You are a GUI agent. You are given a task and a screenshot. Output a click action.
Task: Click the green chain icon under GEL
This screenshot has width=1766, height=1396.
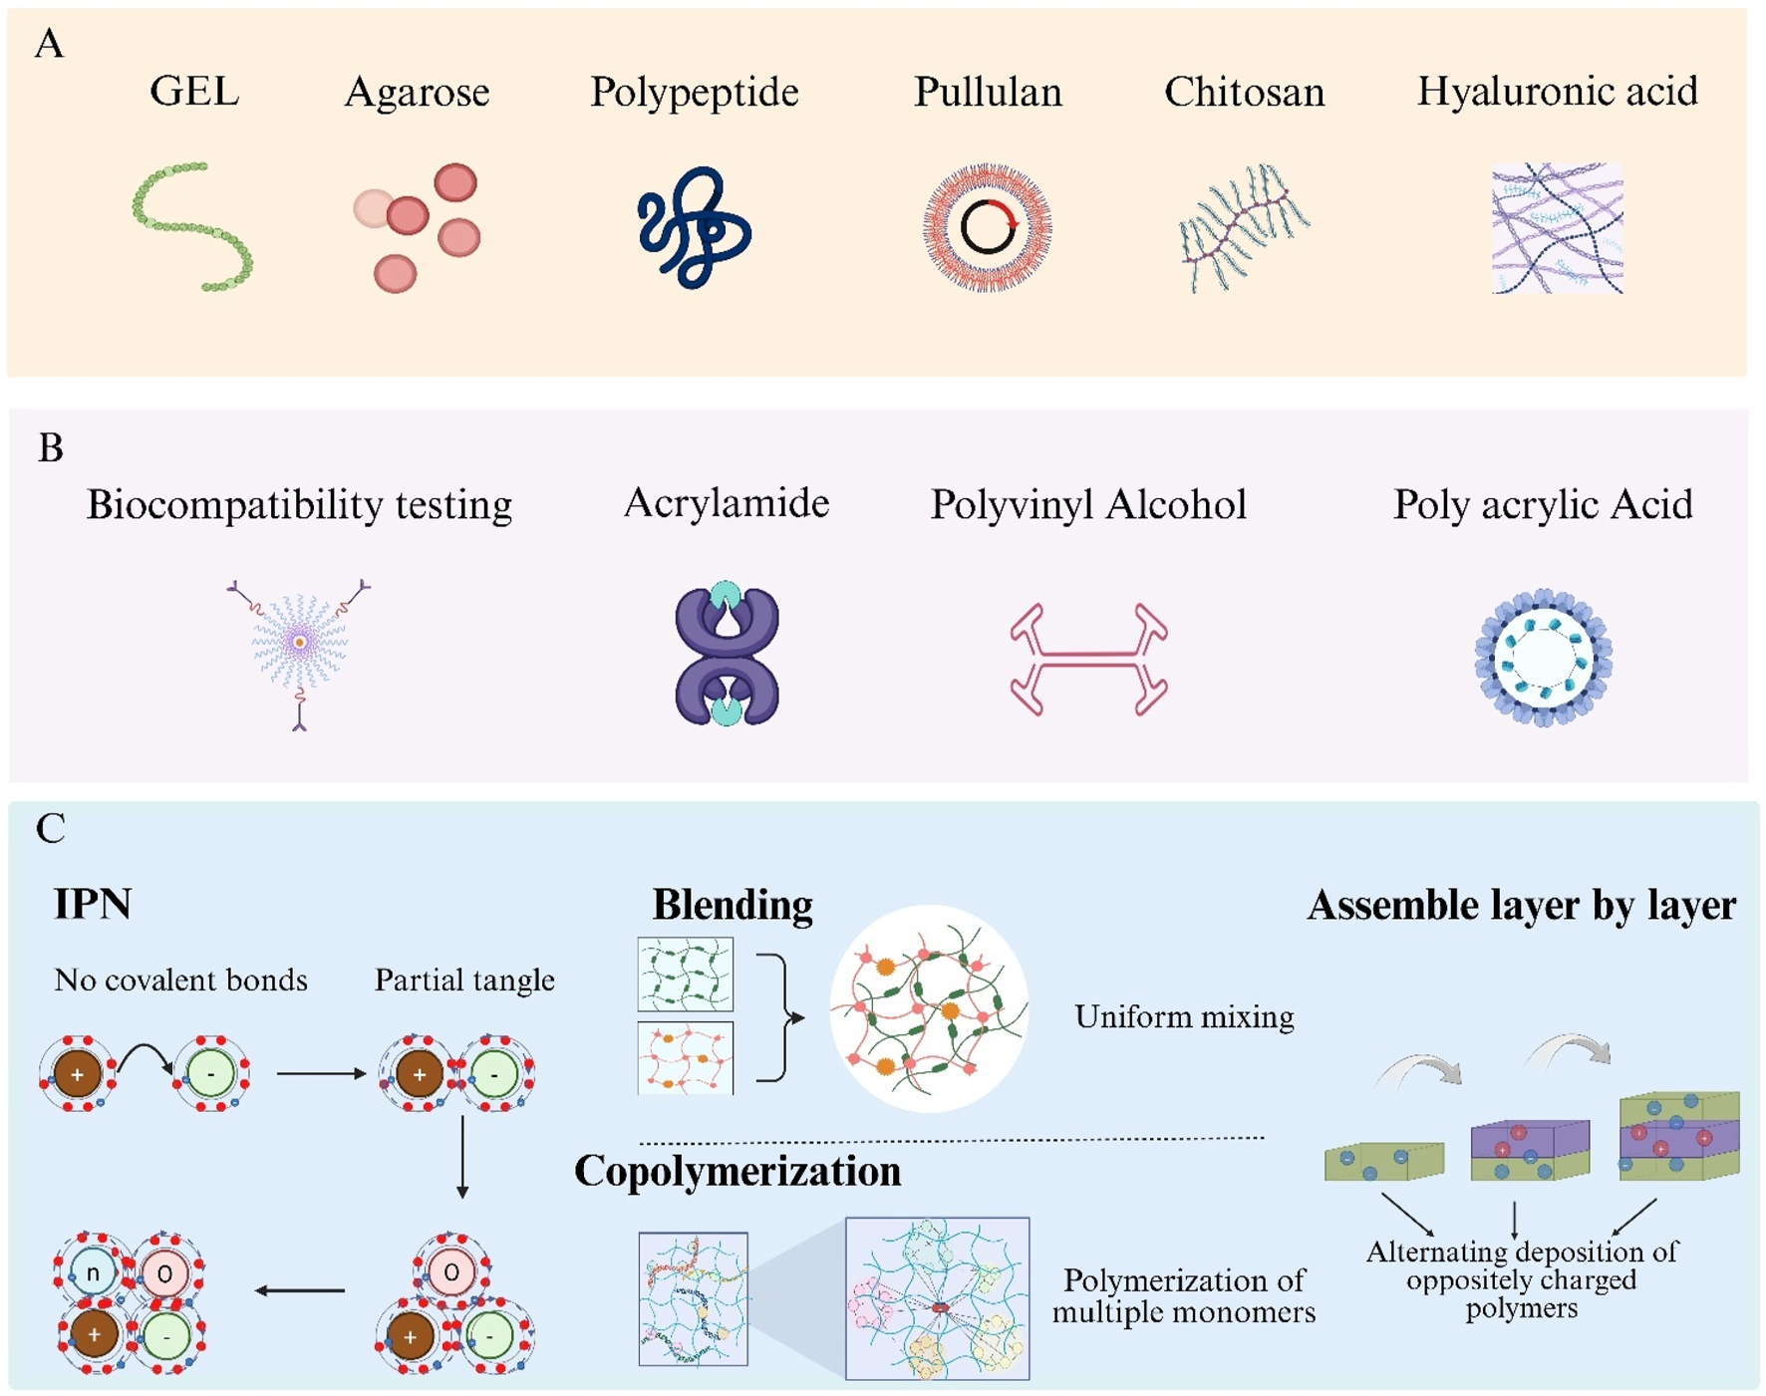click(192, 227)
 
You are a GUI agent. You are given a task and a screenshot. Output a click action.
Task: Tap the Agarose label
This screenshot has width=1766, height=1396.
click(417, 92)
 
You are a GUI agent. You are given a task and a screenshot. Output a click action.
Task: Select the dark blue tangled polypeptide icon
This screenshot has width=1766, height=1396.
click(694, 227)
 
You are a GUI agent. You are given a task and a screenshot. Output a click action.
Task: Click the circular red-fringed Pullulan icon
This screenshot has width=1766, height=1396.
click(987, 227)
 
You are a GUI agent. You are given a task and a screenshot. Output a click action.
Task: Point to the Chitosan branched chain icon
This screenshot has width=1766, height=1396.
click(1244, 227)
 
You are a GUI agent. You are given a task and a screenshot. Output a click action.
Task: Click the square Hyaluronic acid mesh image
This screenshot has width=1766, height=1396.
click(1557, 228)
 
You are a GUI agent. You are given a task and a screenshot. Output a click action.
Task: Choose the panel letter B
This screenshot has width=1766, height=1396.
click(50, 448)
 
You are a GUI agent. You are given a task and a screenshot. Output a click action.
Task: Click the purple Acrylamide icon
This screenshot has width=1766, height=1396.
click(727, 654)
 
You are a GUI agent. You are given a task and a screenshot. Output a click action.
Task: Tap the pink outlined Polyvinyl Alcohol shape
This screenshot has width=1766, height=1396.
click(1088, 658)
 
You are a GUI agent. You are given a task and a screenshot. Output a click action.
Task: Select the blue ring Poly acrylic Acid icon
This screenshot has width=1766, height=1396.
click(1543, 657)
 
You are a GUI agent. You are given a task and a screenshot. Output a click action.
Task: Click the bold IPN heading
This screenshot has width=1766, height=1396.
click(93, 904)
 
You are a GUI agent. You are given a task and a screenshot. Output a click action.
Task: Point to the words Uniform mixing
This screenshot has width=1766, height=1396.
click(1184, 1016)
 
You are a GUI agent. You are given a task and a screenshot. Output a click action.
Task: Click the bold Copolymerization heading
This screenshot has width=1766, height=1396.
click(737, 1171)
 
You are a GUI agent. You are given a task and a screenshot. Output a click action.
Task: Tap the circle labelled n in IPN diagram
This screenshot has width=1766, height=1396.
click(92, 1272)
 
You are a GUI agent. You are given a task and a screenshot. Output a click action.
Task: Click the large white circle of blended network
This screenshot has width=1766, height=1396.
click(929, 1008)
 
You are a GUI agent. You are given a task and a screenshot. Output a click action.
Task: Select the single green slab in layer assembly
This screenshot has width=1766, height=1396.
click(1383, 1162)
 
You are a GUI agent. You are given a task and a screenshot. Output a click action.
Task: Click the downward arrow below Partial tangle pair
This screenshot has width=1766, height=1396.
click(462, 1156)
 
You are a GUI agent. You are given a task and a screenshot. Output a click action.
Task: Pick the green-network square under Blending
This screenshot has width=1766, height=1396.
click(685, 974)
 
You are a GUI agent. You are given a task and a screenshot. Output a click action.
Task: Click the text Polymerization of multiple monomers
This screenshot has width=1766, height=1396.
click(1184, 1295)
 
